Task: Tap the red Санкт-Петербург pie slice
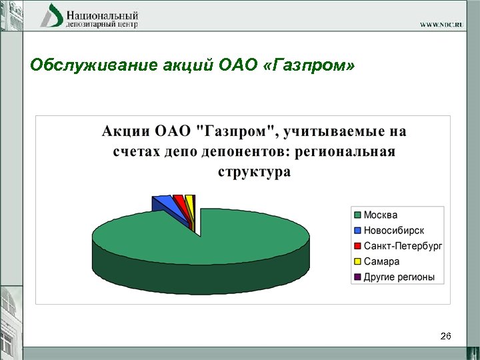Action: tap(179, 200)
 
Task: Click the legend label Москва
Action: tap(380, 215)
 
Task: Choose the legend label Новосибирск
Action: tap(393, 230)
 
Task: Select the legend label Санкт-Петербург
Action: tap(403, 245)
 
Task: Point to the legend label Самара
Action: tap(381, 261)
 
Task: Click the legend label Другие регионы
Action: tap(399, 277)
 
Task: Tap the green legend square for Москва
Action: tap(357, 215)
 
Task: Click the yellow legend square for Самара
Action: tap(357, 261)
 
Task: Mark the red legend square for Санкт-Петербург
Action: tap(357, 245)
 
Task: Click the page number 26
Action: tap(446, 337)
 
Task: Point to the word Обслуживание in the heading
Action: tap(81, 65)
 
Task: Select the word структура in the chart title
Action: tap(254, 172)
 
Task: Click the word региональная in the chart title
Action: tap(347, 151)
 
